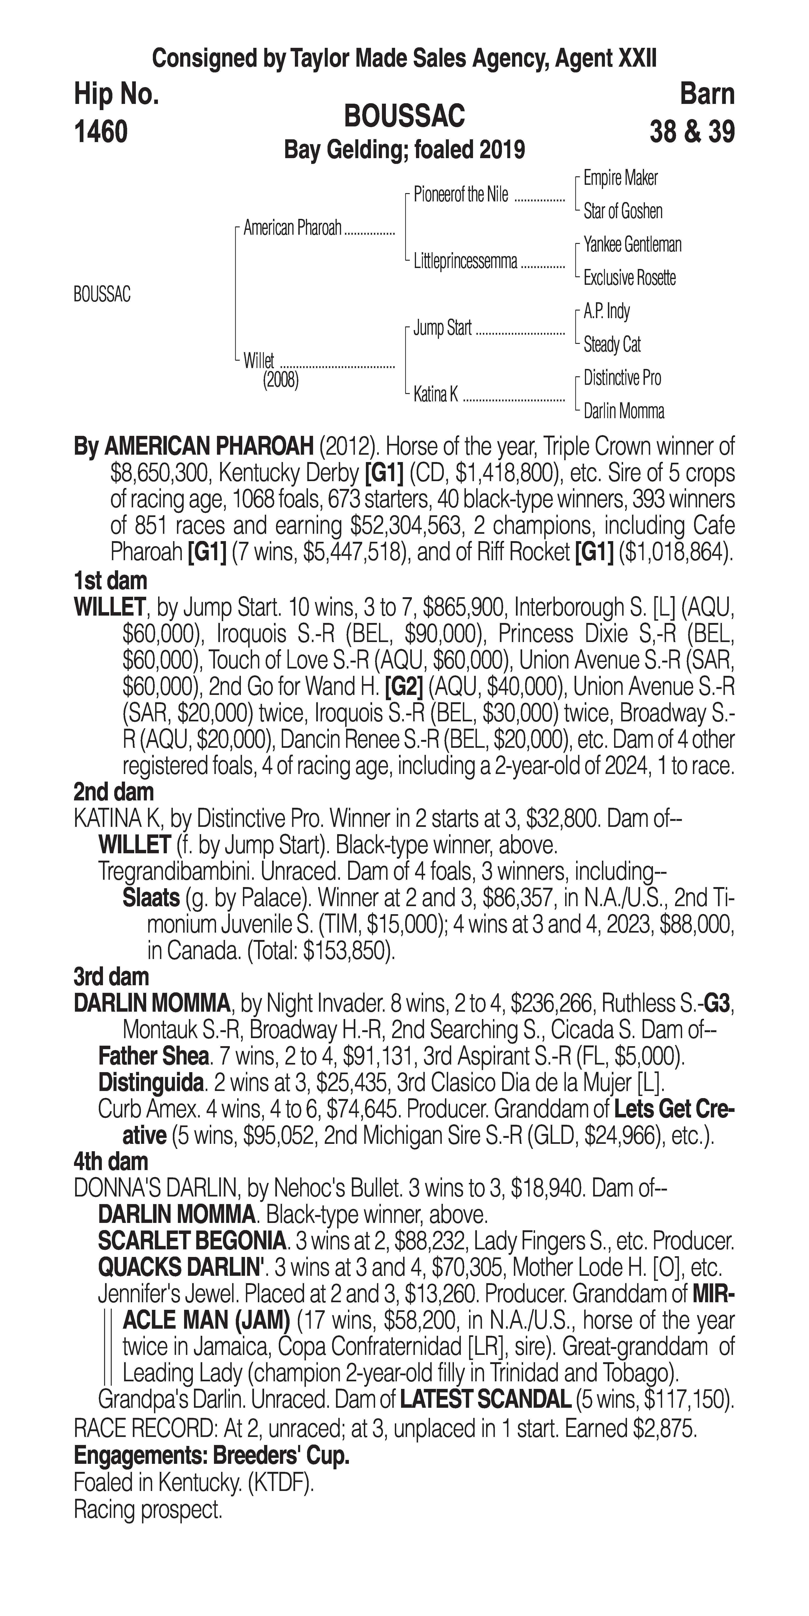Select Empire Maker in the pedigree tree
pos(620,178)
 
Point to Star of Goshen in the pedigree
pos(623,211)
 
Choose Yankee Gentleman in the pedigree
pos(632,245)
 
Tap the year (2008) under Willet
pos(280,380)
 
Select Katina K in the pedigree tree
pos(435,395)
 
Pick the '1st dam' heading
pos(110,580)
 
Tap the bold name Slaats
pos(151,898)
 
